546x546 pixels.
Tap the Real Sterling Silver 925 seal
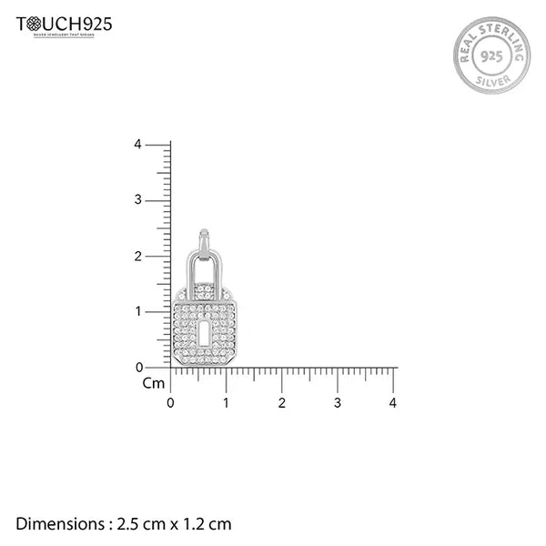pos(490,55)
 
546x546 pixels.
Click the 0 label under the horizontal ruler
pos(170,402)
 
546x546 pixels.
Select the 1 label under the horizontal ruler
pos(227,402)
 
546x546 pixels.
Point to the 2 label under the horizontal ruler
pos(282,402)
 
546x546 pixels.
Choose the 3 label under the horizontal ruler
pos(338,402)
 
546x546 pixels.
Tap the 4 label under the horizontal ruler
pos(393,402)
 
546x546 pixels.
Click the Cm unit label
pos(153,383)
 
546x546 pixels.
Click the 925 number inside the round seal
pos(490,55)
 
